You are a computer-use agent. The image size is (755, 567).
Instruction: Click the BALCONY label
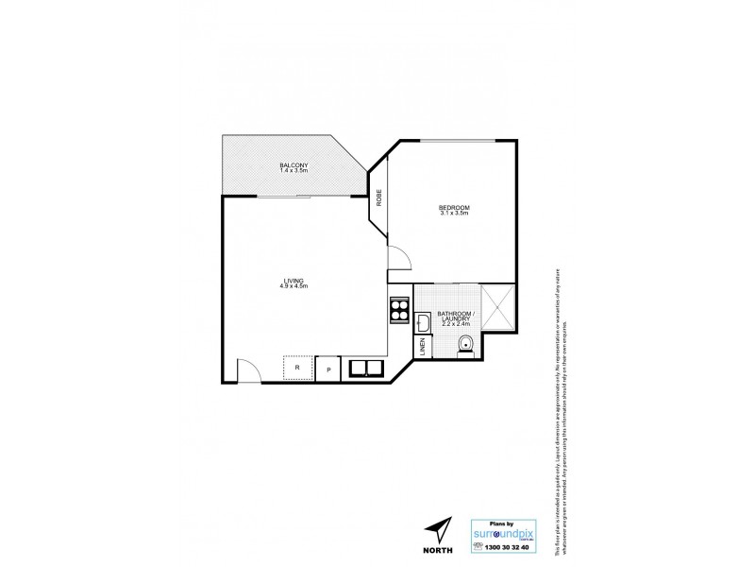(x=294, y=166)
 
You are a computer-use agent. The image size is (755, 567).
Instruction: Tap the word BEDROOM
(x=453, y=208)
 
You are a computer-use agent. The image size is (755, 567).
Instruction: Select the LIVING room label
(x=294, y=280)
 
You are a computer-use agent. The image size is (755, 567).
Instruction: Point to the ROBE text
(x=379, y=199)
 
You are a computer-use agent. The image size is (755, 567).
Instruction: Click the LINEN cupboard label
(x=423, y=349)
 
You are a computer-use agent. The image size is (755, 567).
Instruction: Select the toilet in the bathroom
(x=464, y=346)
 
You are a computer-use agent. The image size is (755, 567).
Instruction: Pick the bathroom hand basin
(x=425, y=324)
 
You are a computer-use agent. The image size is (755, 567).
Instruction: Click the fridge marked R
(x=297, y=367)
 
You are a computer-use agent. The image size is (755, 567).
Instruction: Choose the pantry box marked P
(x=328, y=369)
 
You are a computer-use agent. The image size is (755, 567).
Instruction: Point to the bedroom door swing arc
(x=396, y=254)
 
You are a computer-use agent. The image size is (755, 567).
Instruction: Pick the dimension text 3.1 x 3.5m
(x=453, y=215)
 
